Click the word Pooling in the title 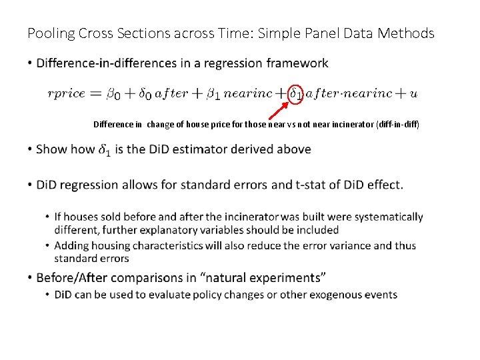pyautogui.click(x=49, y=33)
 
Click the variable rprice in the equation pyautogui.click(x=66, y=94)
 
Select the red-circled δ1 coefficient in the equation pyautogui.click(x=296, y=94)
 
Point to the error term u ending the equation pyautogui.click(x=414, y=94)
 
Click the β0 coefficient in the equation pyautogui.click(x=113, y=94)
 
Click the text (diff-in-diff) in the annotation pyautogui.click(x=398, y=125)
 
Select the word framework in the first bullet pyautogui.click(x=297, y=63)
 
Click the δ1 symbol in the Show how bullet pyautogui.click(x=105, y=149)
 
